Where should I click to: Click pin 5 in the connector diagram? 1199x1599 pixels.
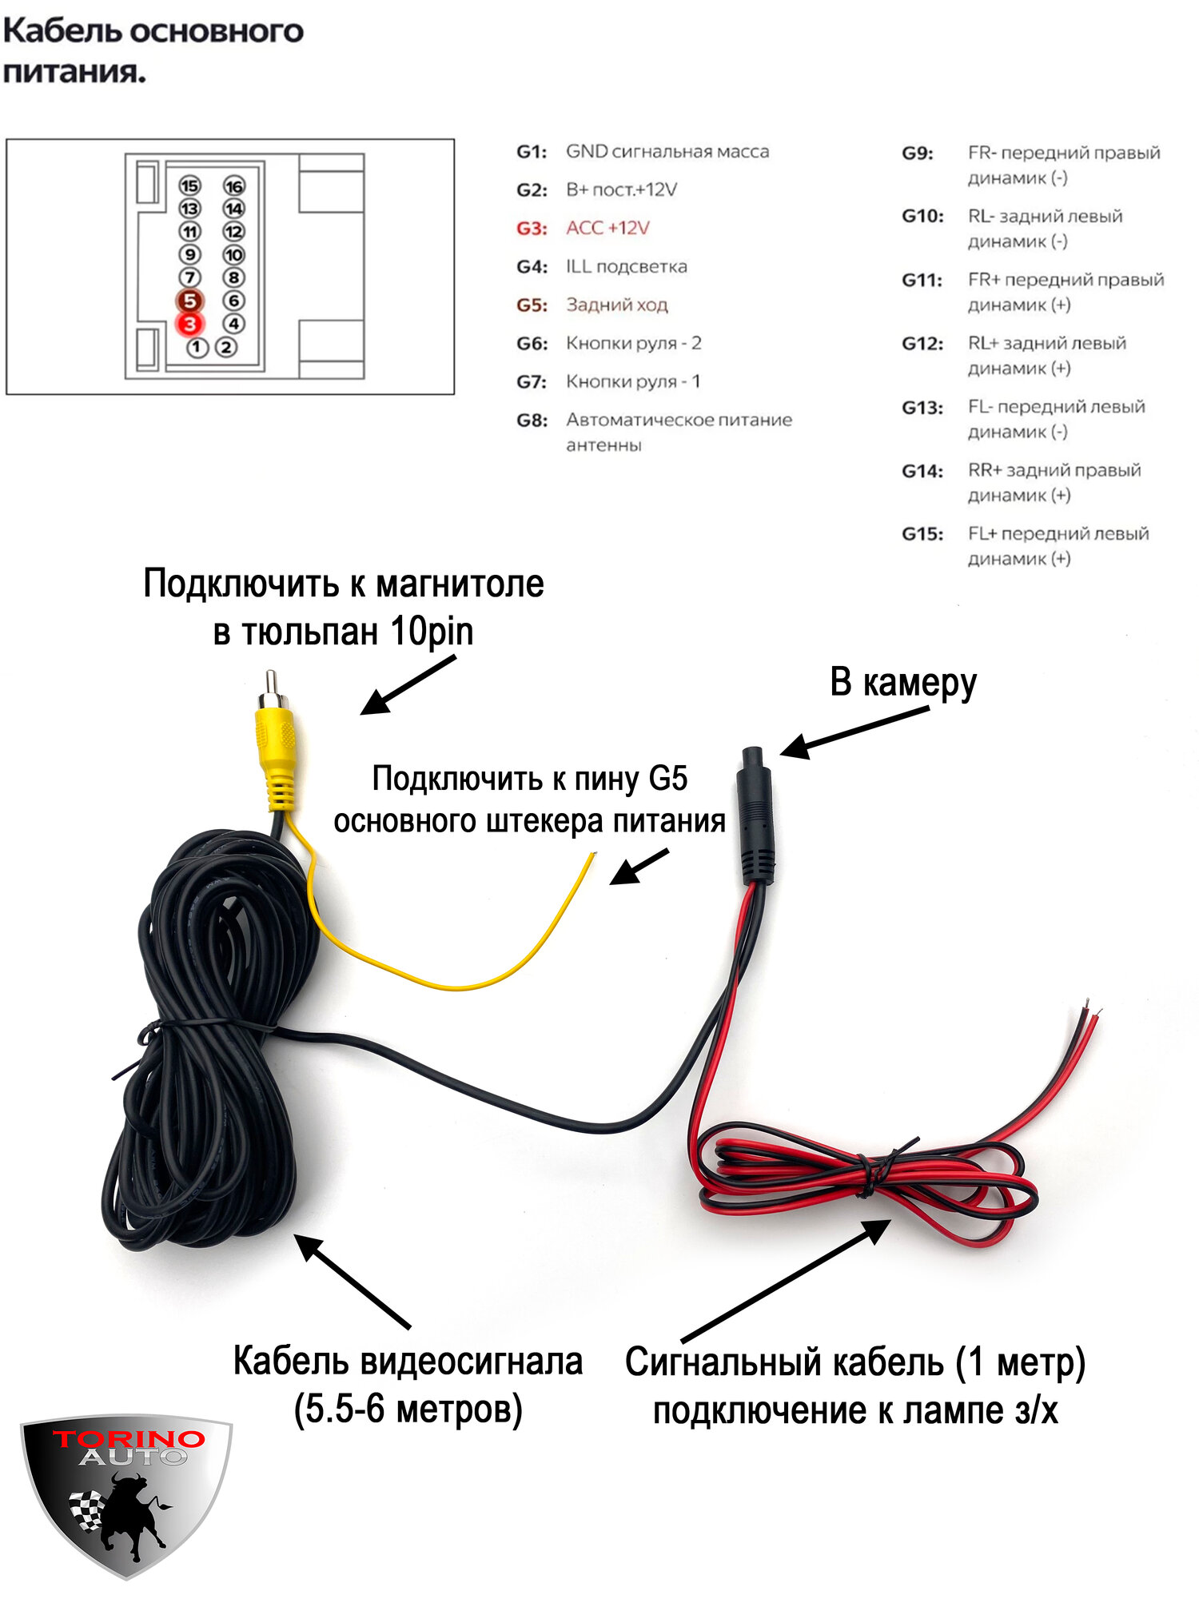189,301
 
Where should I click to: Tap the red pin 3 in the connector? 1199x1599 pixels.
189,324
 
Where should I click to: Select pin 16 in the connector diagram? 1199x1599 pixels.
233,186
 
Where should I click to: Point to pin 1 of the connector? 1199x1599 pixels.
197,348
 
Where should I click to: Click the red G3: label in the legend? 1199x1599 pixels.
532,229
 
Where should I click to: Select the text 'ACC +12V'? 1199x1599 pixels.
607,229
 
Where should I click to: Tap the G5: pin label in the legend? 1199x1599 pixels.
532,305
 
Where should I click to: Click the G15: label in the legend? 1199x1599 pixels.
922,534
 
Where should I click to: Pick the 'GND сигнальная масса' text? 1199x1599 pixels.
667,152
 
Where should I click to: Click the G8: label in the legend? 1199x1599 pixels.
532,421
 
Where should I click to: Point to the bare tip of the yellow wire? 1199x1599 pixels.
592,857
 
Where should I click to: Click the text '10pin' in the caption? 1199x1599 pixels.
432,632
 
